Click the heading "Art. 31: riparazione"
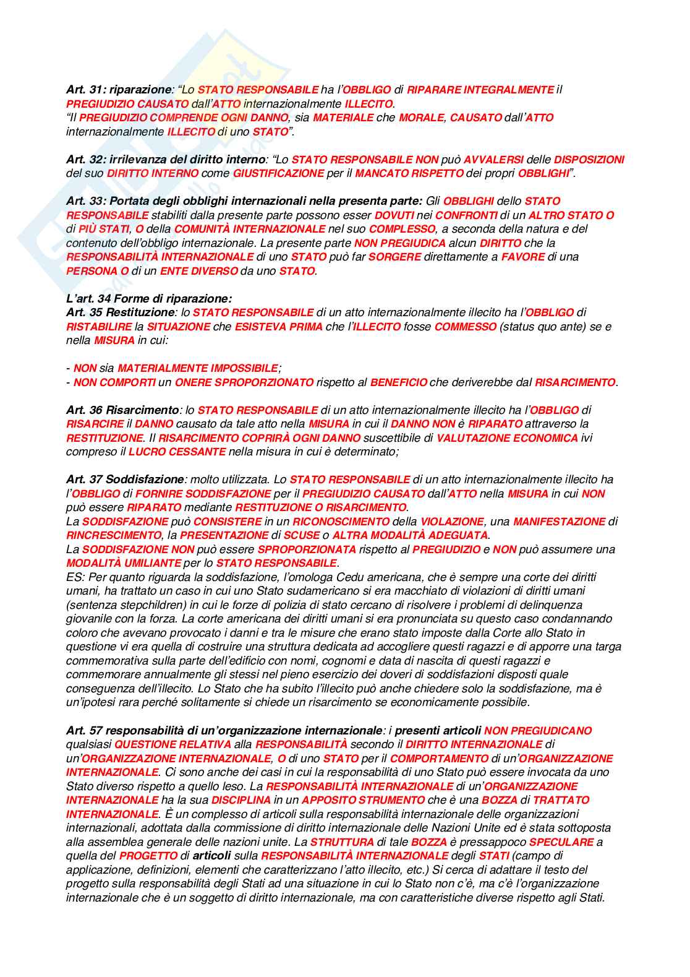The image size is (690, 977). point(117,90)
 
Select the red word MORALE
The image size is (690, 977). point(420,118)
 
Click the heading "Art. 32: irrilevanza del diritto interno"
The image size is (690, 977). point(165,160)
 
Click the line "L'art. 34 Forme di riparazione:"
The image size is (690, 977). point(149,299)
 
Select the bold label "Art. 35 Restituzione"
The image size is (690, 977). point(120,312)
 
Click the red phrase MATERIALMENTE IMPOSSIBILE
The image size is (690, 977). point(197,368)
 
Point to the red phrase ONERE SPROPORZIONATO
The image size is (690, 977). point(244,382)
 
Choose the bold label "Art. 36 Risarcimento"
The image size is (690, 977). point(122,410)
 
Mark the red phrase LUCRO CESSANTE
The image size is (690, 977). point(177,452)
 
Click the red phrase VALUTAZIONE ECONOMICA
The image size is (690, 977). point(507,438)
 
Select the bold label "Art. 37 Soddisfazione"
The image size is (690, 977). point(124,480)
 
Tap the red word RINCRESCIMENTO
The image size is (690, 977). point(113,535)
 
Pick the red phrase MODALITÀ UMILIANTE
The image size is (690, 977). point(124,563)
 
